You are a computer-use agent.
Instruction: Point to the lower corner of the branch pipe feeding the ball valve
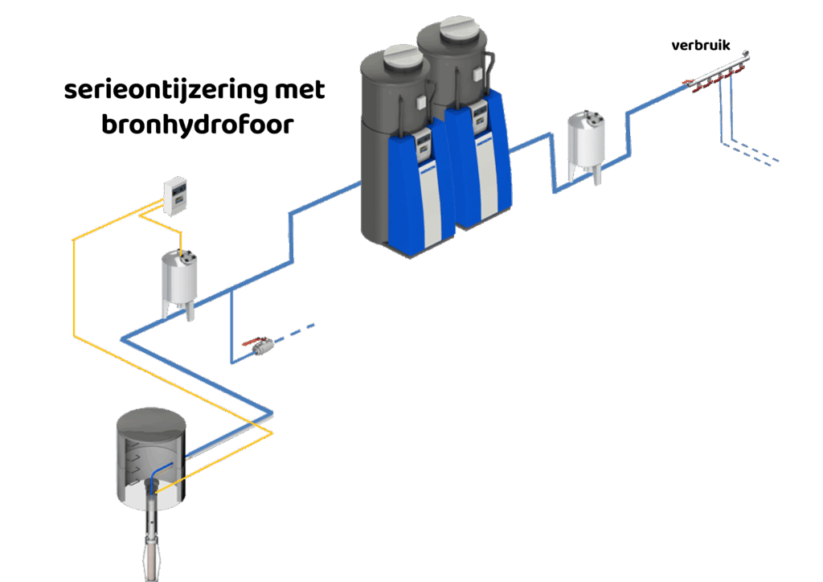(232, 362)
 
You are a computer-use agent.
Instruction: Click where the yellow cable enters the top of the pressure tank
(181, 255)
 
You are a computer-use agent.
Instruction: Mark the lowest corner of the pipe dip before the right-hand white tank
(555, 192)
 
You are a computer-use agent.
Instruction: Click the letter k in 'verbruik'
(726, 45)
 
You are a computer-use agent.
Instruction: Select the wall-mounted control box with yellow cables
(174, 195)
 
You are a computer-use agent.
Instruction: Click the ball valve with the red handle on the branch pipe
(258, 346)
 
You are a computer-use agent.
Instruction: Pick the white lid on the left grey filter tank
(402, 57)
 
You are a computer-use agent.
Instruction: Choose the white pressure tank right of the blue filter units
(586, 145)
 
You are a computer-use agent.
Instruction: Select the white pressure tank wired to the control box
(179, 284)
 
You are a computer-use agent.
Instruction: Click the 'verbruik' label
(701, 45)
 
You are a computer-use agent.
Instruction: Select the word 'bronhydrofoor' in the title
(198, 125)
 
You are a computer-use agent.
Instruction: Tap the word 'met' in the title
(300, 90)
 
